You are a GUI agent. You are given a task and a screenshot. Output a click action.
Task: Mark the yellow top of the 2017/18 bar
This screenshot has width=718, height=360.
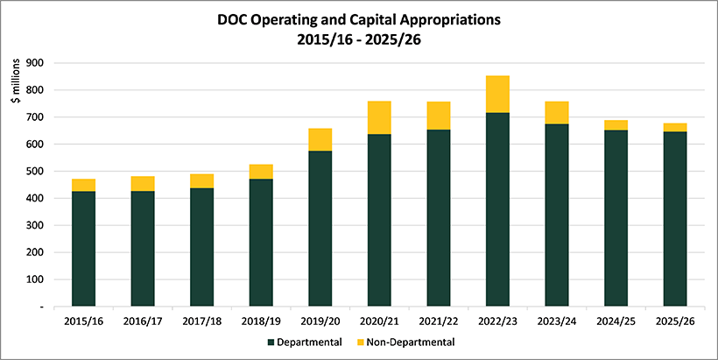[202, 180]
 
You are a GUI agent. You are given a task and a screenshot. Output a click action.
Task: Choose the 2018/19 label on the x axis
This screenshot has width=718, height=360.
[261, 321]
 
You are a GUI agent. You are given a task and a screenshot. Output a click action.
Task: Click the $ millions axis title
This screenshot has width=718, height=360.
[17, 102]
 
